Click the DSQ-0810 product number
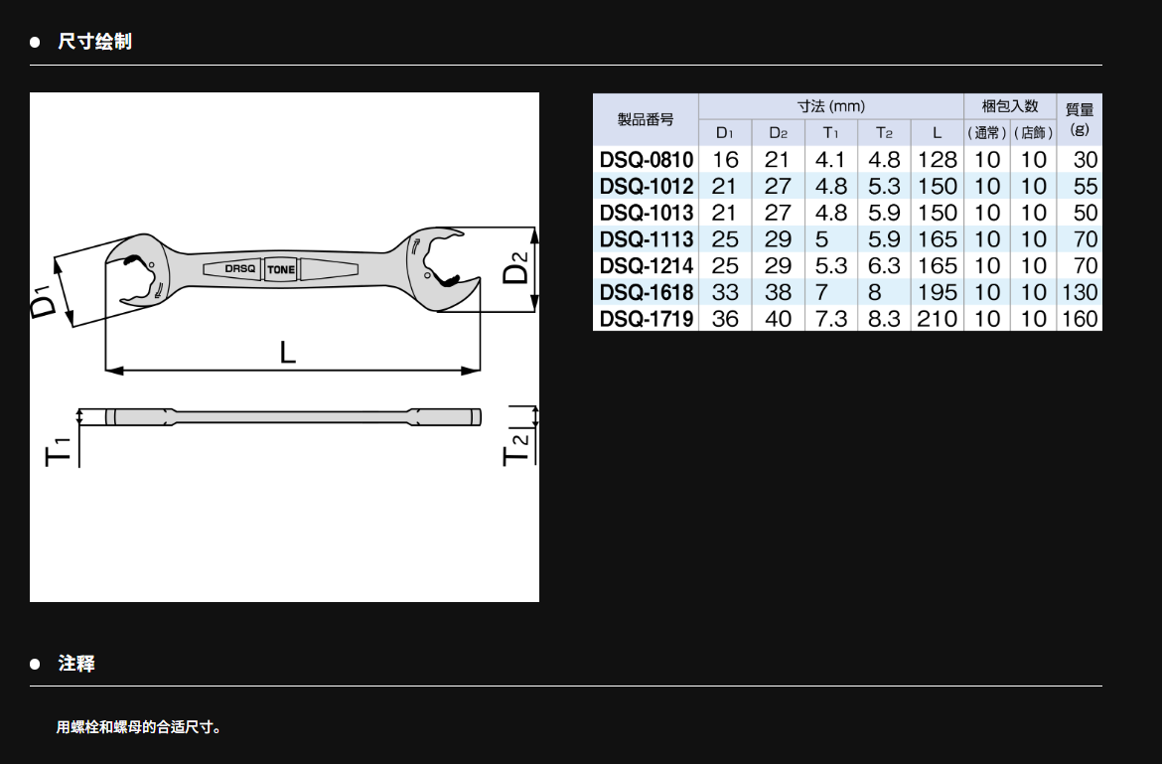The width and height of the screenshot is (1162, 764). (x=647, y=159)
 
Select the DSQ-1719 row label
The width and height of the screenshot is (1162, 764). (x=647, y=319)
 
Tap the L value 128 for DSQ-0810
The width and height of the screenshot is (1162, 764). (x=938, y=159)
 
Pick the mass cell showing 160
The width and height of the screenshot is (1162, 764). (x=1079, y=319)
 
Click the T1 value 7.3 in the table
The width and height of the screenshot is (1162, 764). (x=830, y=319)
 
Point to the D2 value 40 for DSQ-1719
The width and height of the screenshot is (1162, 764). (x=778, y=319)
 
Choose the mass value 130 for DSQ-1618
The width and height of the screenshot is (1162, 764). (x=1079, y=292)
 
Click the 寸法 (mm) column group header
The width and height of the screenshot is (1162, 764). (x=830, y=106)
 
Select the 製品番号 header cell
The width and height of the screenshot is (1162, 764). (x=646, y=119)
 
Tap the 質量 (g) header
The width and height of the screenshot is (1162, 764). (x=1079, y=118)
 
